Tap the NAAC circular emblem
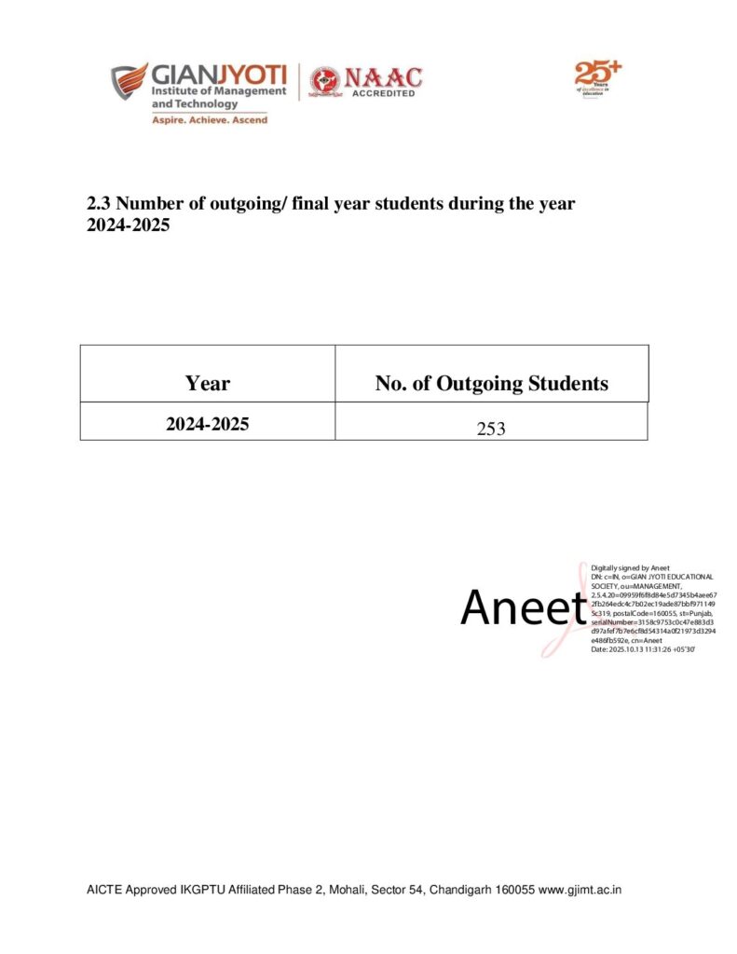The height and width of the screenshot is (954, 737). (x=325, y=82)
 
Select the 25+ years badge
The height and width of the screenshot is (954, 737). (x=596, y=76)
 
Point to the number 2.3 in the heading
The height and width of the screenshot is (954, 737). (x=99, y=203)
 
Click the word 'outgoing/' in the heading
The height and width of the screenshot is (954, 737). (x=239, y=203)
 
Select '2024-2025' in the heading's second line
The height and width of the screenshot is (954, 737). (x=128, y=225)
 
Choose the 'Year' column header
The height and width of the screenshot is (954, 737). (x=207, y=383)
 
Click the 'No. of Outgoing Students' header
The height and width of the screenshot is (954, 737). (x=491, y=383)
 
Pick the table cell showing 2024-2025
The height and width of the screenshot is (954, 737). (x=207, y=423)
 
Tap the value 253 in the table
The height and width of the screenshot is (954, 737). (x=490, y=429)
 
